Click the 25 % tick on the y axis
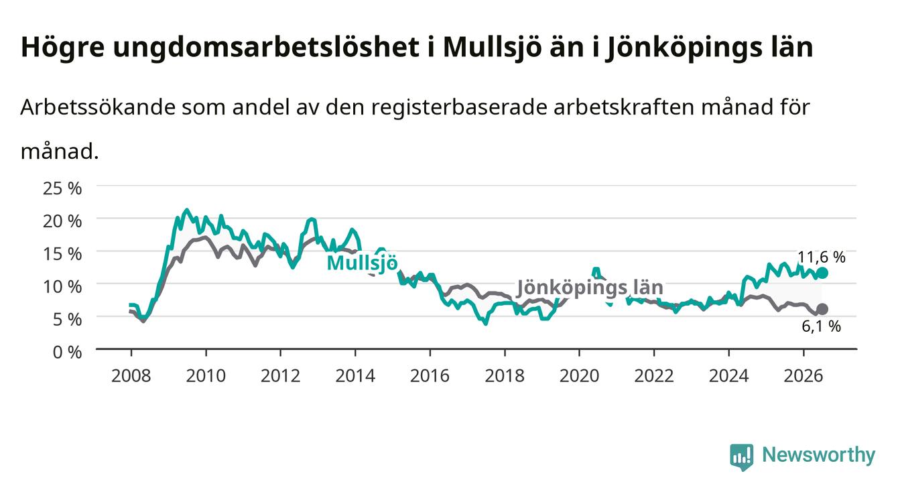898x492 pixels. [x=62, y=188]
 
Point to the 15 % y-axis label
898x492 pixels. [x=62, y=254]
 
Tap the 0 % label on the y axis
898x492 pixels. [x=67, y=352]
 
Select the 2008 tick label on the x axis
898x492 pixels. [x=131, y=376]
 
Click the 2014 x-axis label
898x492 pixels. [x=355, y=376]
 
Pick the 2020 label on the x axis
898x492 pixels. [x=579, y=376]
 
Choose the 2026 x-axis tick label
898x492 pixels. [x=804, y=376]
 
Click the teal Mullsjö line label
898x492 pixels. [x=363, y=263]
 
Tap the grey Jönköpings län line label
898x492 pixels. [x=590, y=288]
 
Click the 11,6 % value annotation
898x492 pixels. [x=822, y=257]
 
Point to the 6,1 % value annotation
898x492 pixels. [x=822, y=326]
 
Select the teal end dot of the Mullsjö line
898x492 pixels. [x=822, y=273]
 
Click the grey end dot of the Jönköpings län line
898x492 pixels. [x=822, y=309]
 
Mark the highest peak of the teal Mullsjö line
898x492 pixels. [x=186, y=210]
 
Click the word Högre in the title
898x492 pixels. [x=63, y=48]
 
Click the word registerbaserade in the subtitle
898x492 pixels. [x=459, y=108]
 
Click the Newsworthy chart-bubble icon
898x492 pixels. [x=742, y=457]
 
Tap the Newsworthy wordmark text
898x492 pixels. [x=819, y=455]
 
